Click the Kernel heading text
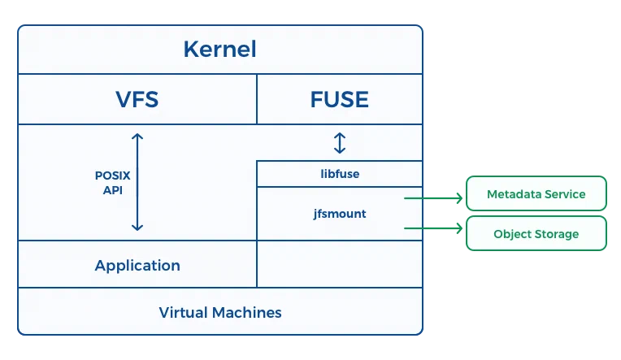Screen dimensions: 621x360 219,49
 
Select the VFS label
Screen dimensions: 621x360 137,99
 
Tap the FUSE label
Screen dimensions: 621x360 340,99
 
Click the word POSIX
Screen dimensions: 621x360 112,176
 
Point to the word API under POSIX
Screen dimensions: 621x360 113,190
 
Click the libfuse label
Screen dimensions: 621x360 340,174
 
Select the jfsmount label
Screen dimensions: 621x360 340,214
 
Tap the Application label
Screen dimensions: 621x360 137,266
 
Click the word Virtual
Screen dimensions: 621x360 184,313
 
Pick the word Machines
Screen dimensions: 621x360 247,313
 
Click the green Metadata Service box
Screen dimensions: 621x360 536,193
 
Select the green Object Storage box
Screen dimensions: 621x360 536,233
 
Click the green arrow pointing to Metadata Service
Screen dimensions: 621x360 433,198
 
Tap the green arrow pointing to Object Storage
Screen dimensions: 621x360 433,228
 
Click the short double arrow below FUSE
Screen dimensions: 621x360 340,142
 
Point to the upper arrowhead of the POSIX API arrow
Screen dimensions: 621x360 137,135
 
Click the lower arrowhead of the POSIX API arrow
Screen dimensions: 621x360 137,229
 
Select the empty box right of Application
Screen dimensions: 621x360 340,264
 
